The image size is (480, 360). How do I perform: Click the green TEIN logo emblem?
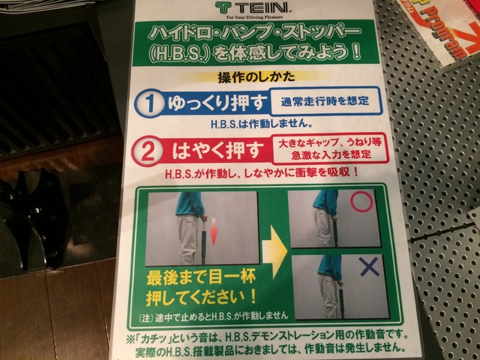click(223, 7)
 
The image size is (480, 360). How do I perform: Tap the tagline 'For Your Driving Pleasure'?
click(255, 17)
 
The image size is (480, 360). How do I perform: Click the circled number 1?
click(149, 103)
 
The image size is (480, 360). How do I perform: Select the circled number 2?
click(148, 151)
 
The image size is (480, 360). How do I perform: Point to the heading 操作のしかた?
click(256, 76)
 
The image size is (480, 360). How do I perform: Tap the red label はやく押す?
click(217, 150)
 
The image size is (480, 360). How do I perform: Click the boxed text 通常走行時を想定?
click(325, 101)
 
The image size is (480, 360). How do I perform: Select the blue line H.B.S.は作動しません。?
click(262, 124)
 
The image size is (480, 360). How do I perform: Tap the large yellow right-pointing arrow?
click(274, 252)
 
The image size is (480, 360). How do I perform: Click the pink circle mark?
click(361, 202)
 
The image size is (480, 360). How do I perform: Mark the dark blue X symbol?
click(369, 267)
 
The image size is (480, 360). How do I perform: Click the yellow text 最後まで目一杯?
click(201, 279)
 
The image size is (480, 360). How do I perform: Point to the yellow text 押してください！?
click(201, 297)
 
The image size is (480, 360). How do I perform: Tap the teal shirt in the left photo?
click(190, 204)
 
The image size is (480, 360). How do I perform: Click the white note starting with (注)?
click(214, 316)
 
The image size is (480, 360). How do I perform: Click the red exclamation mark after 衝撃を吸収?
click(355, 172)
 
